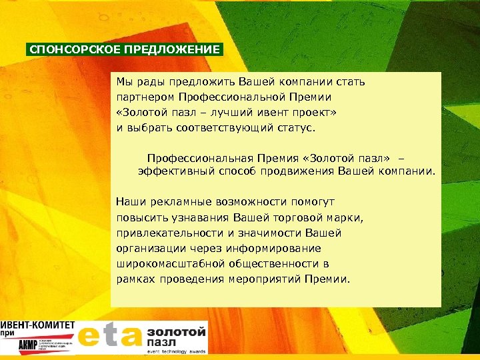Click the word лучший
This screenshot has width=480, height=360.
click(x=232, y=112)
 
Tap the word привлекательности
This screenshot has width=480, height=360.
click(x=165, y=233)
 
